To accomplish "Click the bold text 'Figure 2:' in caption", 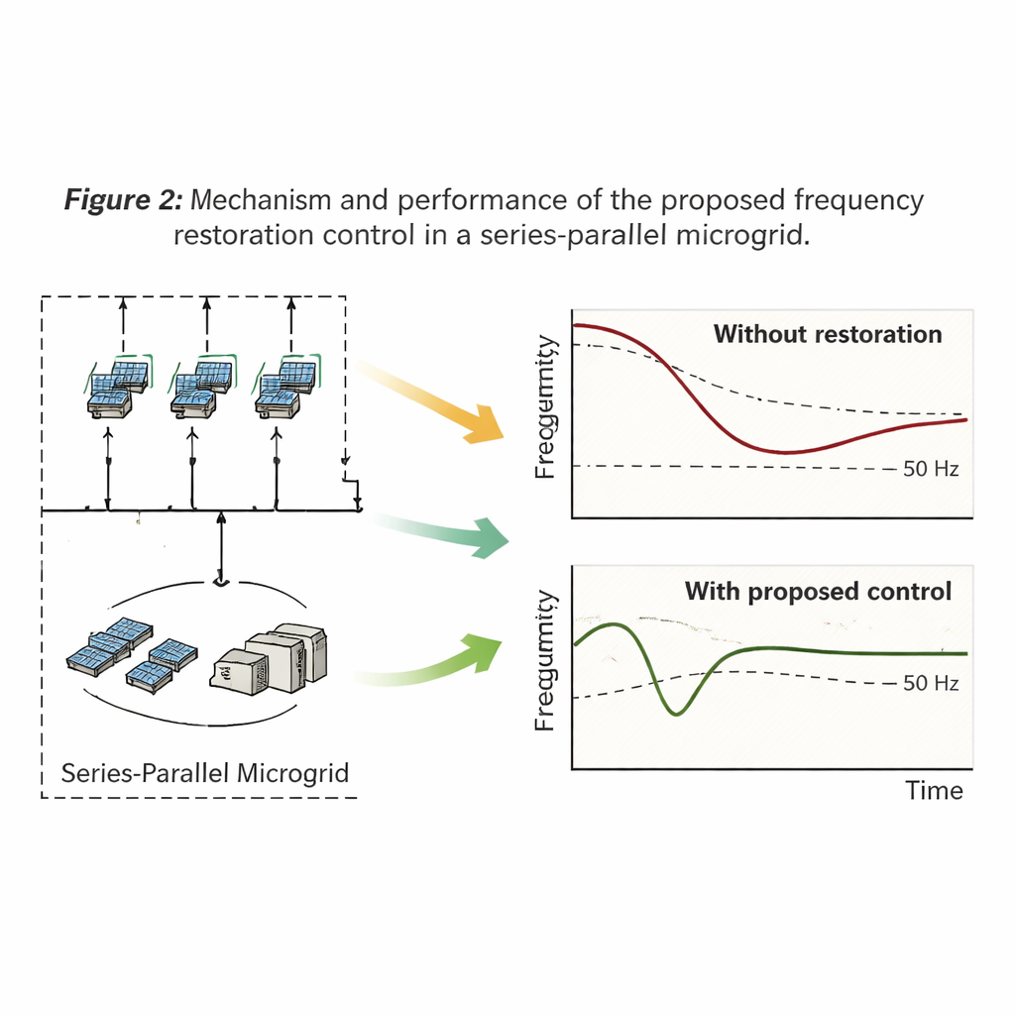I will (123, 200).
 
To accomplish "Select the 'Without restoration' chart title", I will (828, 334).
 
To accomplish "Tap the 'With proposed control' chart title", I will (818, 592).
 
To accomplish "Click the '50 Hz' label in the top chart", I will (931, 469).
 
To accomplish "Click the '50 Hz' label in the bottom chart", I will (931, 683).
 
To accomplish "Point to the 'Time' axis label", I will (934, 790).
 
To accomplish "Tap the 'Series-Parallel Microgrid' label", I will (205, 772).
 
